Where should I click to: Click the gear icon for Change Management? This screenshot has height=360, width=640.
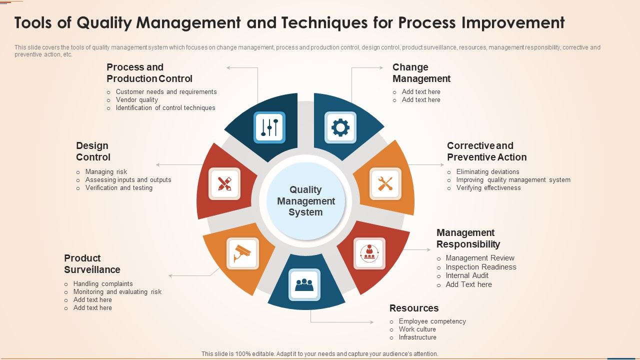point(340,127)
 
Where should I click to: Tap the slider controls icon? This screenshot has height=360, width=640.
point(269,127)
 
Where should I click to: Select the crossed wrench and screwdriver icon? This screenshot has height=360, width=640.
point(385,183)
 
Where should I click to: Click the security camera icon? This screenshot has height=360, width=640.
point(242,253)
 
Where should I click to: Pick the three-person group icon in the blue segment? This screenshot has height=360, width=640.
point(304,285)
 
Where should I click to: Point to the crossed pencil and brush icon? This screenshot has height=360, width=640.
point(224,183)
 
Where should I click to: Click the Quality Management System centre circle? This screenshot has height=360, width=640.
point(305,201)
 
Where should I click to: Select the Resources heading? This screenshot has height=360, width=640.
point(413,308)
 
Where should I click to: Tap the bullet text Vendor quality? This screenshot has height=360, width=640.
point(136,100)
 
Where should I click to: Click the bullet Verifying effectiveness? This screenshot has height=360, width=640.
point(488,188)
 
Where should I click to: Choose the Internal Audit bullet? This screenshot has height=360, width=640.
point(467,275)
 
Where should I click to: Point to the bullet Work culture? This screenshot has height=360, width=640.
point(417,329)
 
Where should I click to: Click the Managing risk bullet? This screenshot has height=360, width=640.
point(106,172)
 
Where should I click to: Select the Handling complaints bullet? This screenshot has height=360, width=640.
point(103,284)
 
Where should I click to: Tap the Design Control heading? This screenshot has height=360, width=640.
point(93,151)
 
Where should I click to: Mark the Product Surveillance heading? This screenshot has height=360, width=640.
point(92,264)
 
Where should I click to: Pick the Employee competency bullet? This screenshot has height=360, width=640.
point(432,321)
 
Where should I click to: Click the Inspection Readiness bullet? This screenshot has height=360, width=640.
point(481,267)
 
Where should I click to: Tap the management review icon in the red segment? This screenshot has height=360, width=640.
point(369,253)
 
